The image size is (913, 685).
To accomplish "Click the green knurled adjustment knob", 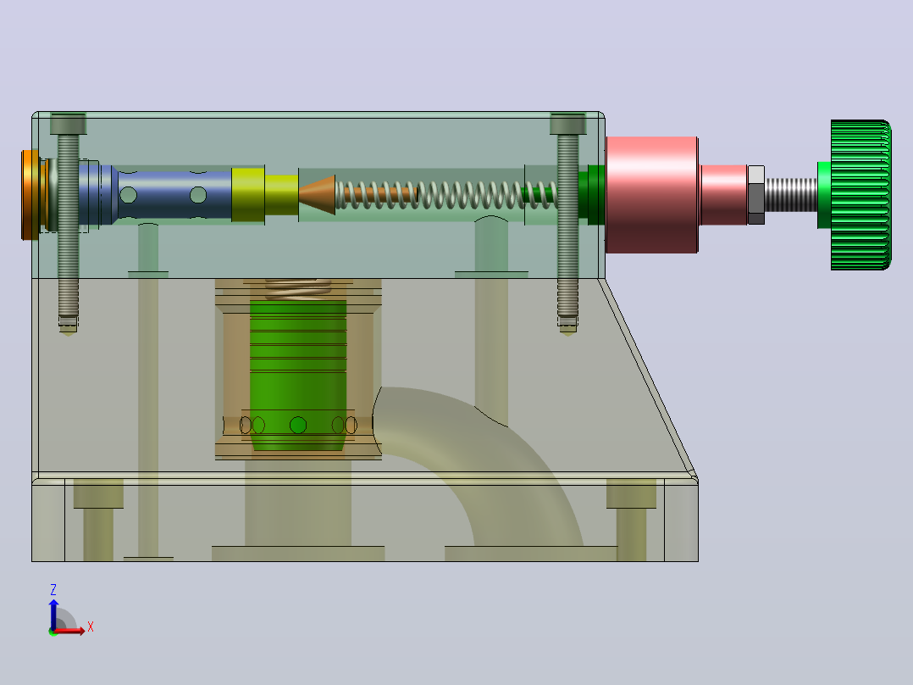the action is point(860,195).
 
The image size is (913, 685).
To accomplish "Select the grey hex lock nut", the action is point(755,195).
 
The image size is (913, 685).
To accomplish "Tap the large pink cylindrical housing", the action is point(651,195).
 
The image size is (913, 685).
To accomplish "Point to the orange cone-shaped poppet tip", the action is point(318,195).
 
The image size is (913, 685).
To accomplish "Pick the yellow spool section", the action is point(265,195).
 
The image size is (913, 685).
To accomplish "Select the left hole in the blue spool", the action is point(128,195).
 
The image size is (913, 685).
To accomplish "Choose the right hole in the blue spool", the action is point(198,195).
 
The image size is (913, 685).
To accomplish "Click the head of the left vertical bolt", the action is point(68,124).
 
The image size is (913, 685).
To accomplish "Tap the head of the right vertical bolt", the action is point(567,124).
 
